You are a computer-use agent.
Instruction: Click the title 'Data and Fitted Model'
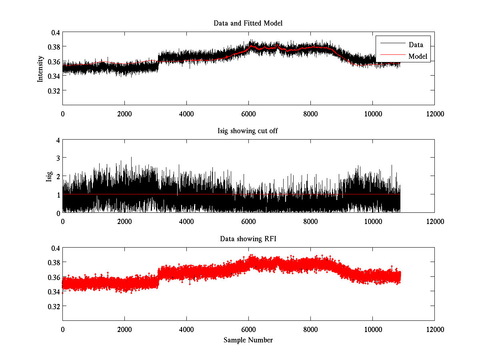(x=248, y=23)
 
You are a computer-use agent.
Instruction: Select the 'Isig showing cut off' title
(x=248, y=131)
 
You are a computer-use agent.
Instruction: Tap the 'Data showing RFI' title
(x=248, y=239)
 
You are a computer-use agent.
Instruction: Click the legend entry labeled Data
(x=416, y=45)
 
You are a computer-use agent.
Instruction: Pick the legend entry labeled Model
(x=418, y=56)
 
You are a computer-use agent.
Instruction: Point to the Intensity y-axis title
(x=40, y=68)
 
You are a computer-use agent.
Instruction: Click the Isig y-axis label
(x=49, y=176)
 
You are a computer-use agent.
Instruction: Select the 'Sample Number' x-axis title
(x=248, y=340)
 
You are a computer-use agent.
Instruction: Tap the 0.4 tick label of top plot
(x=55, y=33)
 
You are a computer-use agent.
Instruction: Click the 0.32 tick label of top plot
(x=53, y=90)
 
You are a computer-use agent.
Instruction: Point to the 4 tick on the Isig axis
(x=58, y=140)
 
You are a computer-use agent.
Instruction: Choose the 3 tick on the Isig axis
(x=58, y=158)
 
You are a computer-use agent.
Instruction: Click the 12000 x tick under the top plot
(x=434, y=114)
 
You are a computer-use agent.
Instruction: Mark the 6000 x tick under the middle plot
(x=248, y=222)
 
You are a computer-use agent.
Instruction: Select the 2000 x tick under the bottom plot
(x=124, y=330)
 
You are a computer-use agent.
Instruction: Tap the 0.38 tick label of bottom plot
(x=53, y=262)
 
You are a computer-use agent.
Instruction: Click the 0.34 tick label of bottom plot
(x=53, y=292)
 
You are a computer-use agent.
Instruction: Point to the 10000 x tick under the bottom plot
(x=372, y=330)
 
